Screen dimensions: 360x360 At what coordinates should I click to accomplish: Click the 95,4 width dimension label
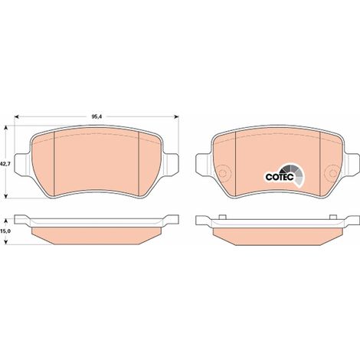97,117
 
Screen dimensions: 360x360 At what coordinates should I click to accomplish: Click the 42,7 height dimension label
5,164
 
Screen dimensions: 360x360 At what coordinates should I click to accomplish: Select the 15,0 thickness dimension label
5,231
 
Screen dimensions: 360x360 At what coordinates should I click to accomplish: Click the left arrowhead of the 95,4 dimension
17,117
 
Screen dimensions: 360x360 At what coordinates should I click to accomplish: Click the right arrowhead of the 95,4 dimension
176,117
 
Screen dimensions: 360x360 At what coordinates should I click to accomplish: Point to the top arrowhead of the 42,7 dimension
6,128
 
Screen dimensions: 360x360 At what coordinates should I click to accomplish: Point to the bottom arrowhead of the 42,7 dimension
6,196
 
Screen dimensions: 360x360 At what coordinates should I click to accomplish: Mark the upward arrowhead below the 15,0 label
6,242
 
